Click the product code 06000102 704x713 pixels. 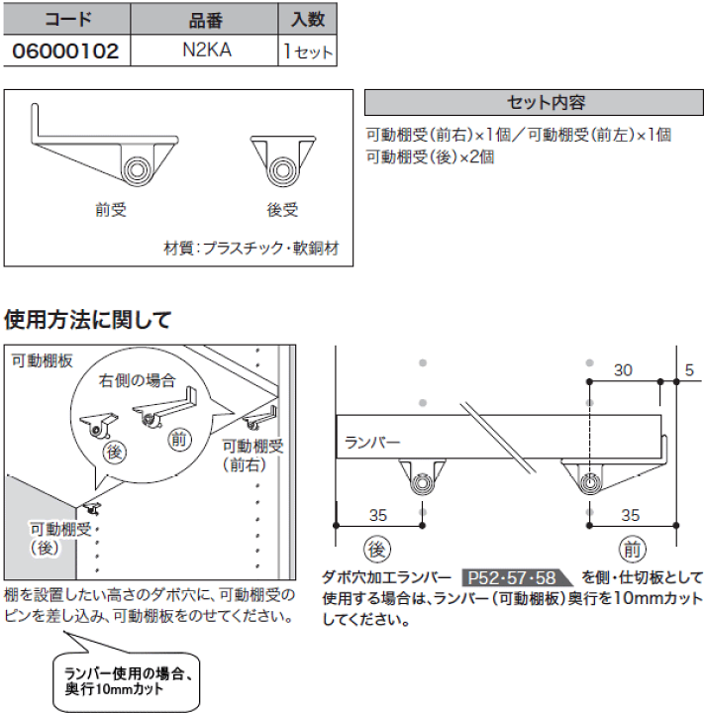click(64, 51)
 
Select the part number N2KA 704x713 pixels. click(208, 51)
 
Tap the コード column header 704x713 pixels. click(64, 18)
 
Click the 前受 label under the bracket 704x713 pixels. click(111, 209)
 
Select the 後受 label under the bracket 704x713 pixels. click(282, 209)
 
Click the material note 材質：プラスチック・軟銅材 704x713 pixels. click(251, 249)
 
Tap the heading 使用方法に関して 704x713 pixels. click(87, 320)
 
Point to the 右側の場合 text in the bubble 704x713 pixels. click(137, 379)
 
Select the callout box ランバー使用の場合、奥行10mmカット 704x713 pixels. click(126, 680)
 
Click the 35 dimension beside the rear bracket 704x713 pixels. click(377, 515)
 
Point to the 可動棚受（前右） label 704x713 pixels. click(252, 454)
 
